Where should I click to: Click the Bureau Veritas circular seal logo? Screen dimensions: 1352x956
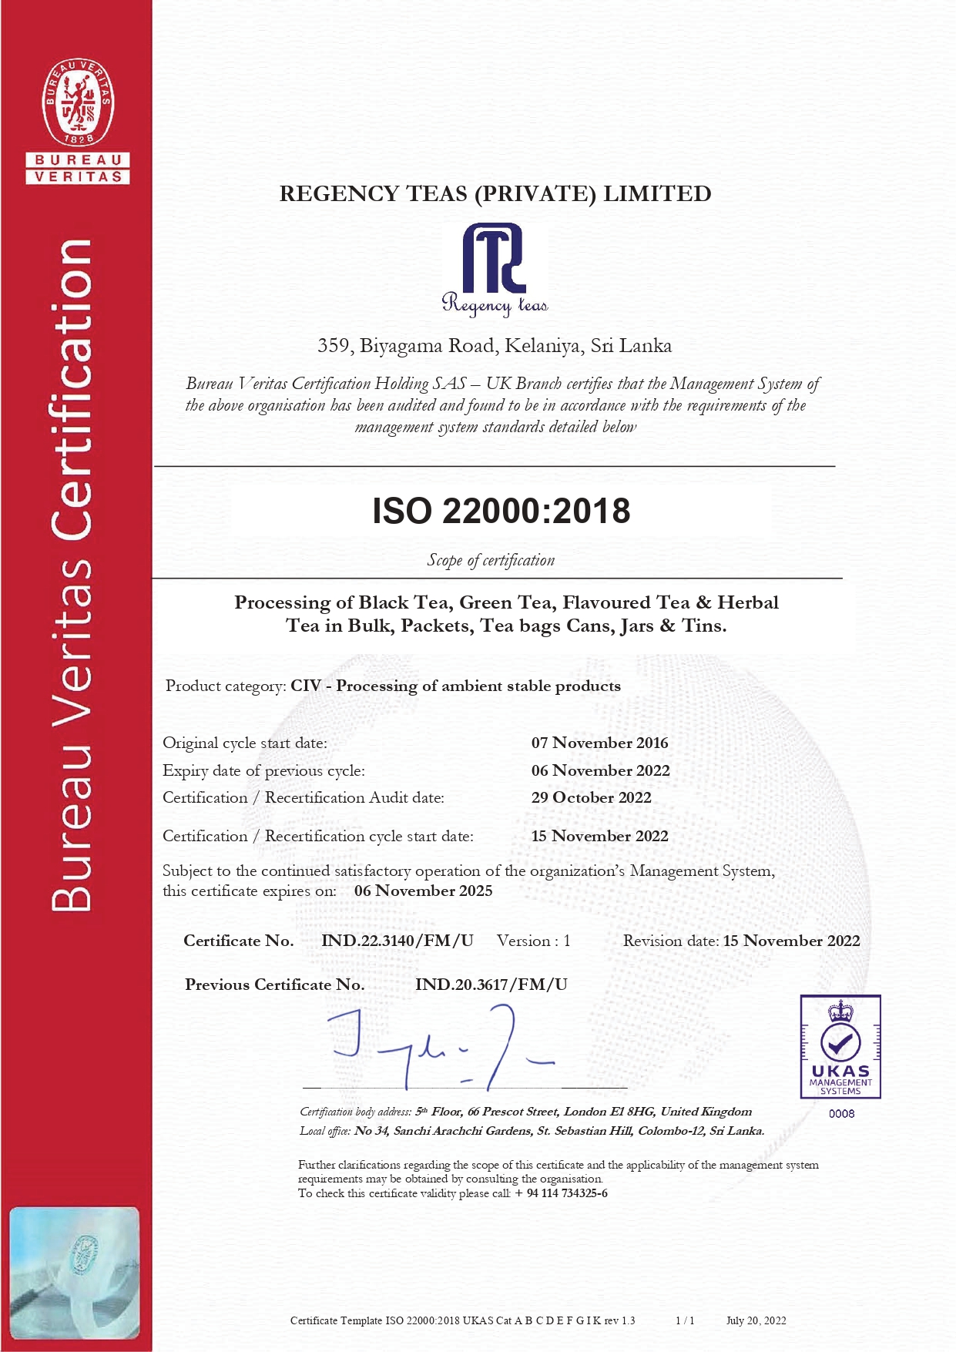[78, 102]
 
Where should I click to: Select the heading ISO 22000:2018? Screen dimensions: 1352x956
[501, 512]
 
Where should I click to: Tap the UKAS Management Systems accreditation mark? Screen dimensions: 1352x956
[840, 1046]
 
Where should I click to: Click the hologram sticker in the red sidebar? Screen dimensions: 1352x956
[75, 1272]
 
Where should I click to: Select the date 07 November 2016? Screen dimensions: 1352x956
[599, 743]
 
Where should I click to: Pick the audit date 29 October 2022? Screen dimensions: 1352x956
[591, 798]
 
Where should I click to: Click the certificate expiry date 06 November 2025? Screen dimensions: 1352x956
[423, 891]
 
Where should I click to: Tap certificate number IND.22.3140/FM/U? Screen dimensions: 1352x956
[397, 941]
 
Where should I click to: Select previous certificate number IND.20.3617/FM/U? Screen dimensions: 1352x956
[491, 985]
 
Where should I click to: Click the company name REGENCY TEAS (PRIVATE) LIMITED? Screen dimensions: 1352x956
[495, 194]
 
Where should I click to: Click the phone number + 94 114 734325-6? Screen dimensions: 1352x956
[562, 1193]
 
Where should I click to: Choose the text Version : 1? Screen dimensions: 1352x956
[533, 941]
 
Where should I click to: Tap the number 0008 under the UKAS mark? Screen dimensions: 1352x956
[841, 1114]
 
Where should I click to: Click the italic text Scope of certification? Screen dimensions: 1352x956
[491, 561]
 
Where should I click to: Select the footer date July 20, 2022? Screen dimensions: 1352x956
[756, 1320]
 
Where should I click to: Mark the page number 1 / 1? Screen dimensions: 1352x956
[685, 1320]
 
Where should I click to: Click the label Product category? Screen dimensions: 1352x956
[226, 686]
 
